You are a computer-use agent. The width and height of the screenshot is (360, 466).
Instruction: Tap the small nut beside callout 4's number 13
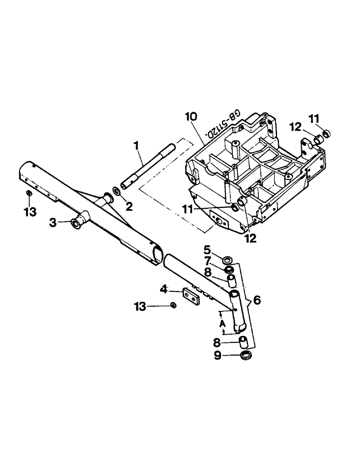(x=173, y=305)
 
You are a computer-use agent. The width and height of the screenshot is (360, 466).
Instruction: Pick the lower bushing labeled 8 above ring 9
(x=243, y=343)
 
